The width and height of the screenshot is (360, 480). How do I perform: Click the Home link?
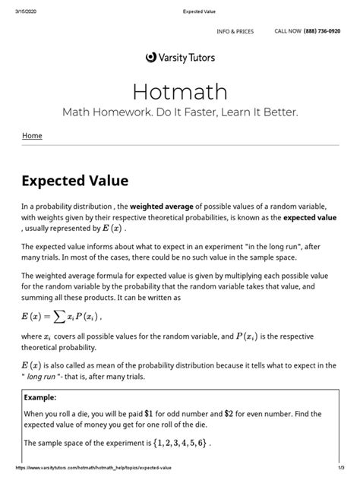pyautogui.click(x=33, y=136)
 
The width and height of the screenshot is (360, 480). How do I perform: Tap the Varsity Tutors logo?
pyautogui.click(x=179, y=56)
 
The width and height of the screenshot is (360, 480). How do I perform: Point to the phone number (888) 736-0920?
pyautogui.click(x=324, y=31)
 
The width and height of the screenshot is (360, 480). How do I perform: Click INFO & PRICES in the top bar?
pyautogui.click(x=235, y=31)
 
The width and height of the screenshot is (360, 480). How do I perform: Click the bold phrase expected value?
pyautogui.click(x=311, y=217)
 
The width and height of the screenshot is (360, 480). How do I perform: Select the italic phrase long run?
pyautogui.click(x=49, y=377)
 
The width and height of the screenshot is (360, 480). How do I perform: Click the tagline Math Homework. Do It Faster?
pyautogui.click(x=179, y=112)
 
